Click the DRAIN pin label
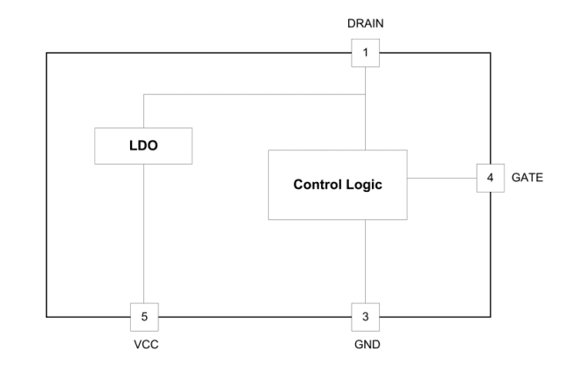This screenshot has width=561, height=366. [365, 23]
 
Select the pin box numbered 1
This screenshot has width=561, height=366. [365, 53]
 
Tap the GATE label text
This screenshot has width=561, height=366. [527, 178]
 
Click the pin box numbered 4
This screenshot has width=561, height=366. [490, 178]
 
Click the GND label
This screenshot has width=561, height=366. [365, 346]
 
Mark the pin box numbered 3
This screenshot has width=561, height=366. [365, 315]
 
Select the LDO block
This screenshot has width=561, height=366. [143, 145]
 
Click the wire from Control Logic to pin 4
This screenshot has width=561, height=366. [441, 178]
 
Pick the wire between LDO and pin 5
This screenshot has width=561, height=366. [143, 233]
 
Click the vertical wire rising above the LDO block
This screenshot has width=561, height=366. [143, 111]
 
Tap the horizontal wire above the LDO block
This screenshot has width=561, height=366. [255, 94]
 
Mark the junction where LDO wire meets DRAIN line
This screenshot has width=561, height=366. [365, 94]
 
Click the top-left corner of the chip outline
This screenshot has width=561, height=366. [47, 54]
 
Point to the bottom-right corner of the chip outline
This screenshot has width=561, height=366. [491, 315]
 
